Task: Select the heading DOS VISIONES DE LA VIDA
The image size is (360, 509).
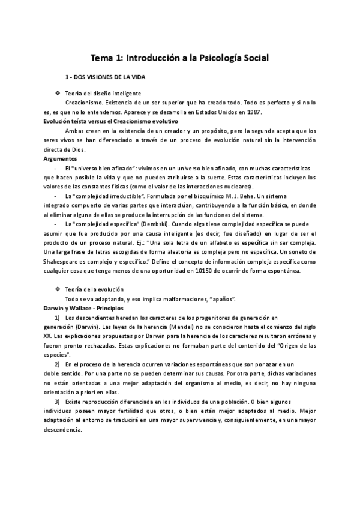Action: pos(108,79)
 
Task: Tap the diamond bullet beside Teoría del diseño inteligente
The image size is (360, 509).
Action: pos(56,94)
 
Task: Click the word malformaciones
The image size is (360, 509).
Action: pos(179,298)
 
